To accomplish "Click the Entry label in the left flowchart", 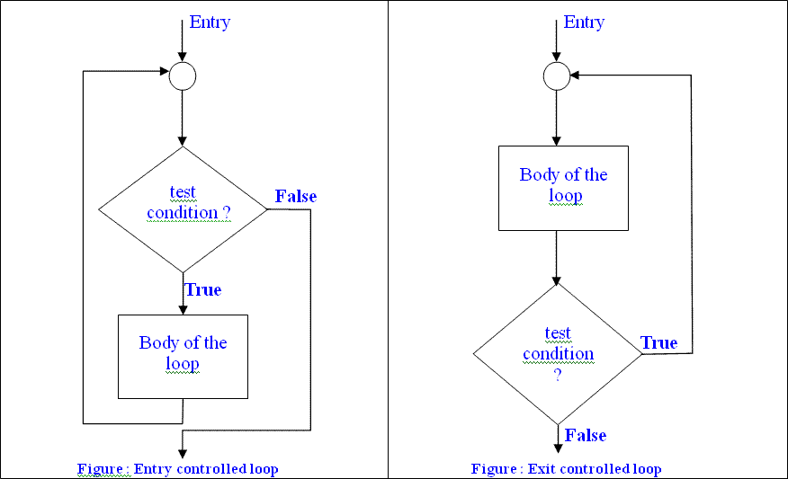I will [210, 22].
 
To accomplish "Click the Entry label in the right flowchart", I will [584, 22].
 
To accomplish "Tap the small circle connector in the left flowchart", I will [183, 77].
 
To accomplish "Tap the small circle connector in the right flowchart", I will [558, 77].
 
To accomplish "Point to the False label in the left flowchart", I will [296, 196].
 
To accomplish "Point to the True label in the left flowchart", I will [203, 290].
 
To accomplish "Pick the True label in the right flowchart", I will [658, 343].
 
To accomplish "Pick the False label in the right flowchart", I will [586, 436].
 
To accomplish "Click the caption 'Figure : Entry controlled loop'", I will [177, 469].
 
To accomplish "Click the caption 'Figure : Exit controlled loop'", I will [566, 469].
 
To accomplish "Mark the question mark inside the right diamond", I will [558, 374].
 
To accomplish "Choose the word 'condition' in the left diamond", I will [182, 213].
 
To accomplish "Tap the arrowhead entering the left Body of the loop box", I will [183, 309].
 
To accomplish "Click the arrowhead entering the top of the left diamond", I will [183, 141].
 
